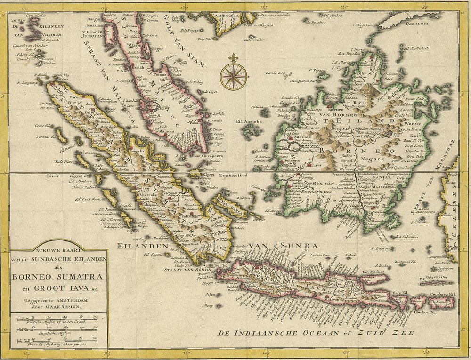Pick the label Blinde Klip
point(275,73)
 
